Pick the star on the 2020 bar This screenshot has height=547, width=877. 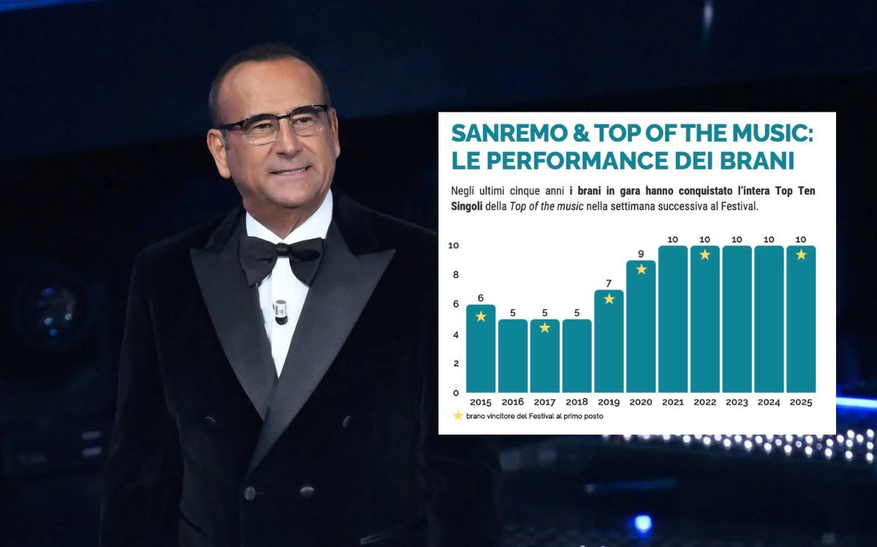(x=641, y=269)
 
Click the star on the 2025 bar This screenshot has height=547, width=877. (x=801, y=254)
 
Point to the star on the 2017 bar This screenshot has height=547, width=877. (x=544, y=328)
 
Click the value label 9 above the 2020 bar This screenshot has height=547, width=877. (x=641, y=253)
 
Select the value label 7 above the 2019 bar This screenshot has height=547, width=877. (x=609, y=283)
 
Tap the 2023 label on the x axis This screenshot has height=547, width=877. (x=737, y=402)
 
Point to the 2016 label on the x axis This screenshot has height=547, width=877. (x=512, y=402)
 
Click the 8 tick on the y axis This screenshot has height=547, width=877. (x=455, y=275)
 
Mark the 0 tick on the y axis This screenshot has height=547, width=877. (x=455, y=393)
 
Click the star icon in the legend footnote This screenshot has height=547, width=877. (x=458, y=416)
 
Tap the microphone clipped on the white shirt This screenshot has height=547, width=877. (x=281, y=310)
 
